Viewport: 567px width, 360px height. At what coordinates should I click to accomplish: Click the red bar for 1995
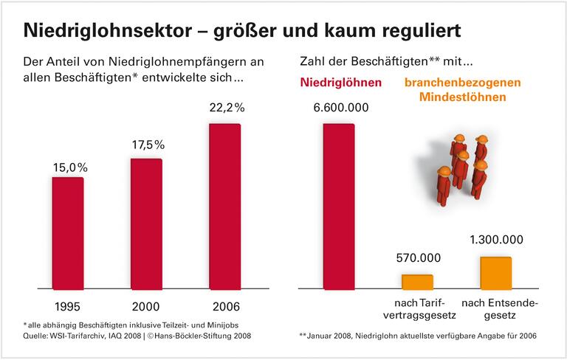tap(67, 232)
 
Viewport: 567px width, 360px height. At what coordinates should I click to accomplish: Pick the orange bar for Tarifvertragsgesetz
tap(417, 281)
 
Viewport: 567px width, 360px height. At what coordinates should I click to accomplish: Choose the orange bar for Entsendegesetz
tap(495, 272)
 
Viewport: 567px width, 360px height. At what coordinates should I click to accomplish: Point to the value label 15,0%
tap(68, 167)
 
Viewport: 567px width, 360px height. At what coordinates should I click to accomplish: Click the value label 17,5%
tap(146, 147)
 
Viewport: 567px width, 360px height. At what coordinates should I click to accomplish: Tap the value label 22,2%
tap(224, 108)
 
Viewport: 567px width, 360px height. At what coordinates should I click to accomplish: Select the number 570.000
tap(418, 258)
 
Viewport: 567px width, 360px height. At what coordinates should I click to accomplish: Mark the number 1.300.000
tap(496, 240)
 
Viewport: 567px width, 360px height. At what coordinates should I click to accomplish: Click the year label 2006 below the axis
tap(224, 305)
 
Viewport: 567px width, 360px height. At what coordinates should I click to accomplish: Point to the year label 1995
tap(68, 305)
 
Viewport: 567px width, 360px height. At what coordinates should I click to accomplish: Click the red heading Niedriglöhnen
tap(340, 83)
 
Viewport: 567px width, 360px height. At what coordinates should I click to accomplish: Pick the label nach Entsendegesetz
tap(496, 310)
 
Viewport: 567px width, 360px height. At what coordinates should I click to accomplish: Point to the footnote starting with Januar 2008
tap(422, 336)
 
